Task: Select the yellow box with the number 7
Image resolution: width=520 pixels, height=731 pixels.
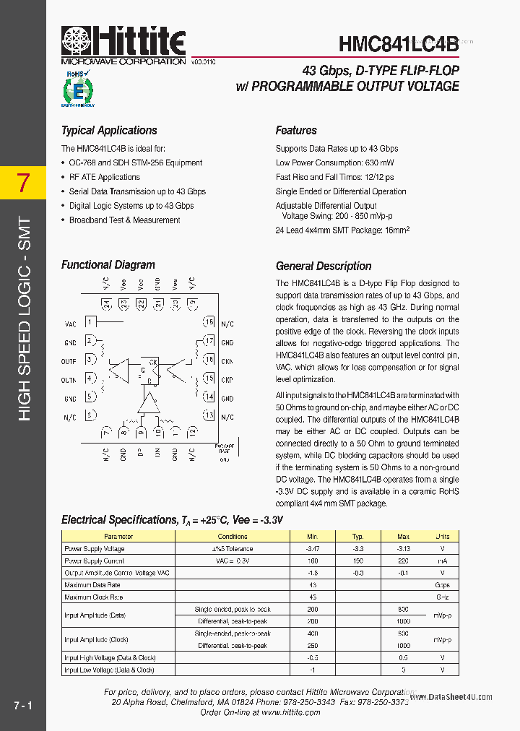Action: tap(23, 183)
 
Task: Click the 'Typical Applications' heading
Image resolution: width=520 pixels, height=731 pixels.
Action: tap(109, 131)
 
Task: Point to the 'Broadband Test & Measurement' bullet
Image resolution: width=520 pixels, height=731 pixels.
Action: tap(124, 220)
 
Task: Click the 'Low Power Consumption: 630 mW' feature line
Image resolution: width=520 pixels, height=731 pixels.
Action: tap(334, 163)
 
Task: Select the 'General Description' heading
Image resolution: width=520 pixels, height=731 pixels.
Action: tap(324, 266)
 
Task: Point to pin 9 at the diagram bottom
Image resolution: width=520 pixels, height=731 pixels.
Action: tap(140, 433)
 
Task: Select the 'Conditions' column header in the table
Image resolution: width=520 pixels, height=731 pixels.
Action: tap(232, 536)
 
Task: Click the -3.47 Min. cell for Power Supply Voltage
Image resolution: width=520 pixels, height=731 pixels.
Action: tap(313, 549)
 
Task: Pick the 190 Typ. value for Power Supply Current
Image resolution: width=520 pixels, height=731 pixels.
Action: tap(357, 561)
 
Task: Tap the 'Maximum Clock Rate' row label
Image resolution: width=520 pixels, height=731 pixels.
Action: tap(94, 597)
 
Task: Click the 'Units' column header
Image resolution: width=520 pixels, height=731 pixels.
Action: tap(442, 536)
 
